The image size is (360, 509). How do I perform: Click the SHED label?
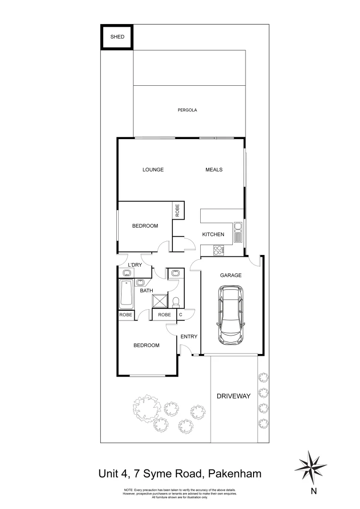pos(117,37)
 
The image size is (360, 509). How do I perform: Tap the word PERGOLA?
pos(187,110)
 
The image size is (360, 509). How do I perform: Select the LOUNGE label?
pos(153,170)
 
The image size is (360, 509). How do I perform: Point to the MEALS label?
pos(214,170)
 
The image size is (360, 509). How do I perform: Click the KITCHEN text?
pos(213,234)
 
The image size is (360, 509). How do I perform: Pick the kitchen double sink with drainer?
pos(238,232)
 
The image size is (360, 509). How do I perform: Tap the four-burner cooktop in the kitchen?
pos(219,250)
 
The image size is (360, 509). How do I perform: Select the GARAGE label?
pos(231,275)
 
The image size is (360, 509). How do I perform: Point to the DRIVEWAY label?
pos(233,396)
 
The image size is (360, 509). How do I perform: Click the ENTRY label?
pos(188,337)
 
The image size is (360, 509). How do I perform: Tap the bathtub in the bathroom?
pos(126,294)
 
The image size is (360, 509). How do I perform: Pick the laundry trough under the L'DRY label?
pos(127,273)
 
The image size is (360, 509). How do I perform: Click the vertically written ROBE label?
pos(178,210)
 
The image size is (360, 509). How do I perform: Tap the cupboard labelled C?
pos(180,315)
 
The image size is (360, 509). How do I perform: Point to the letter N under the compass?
pos(314,492)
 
